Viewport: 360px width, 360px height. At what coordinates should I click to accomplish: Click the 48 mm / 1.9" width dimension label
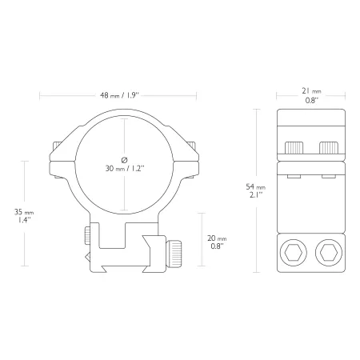pyautogui.click(x=120, y=95)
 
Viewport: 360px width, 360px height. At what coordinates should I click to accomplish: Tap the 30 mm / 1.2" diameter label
pyautogui.click(x=125, y=169)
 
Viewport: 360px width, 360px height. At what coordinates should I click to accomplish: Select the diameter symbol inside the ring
pyautogui.click(x=124, y=160)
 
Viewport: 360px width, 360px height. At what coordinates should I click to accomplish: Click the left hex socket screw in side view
pyautogui.click(x=294, y=253)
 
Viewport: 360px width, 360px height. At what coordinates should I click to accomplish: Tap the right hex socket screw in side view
pyautogui.click(x=329, y=253)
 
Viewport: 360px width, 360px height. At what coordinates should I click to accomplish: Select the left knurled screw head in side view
pyautogui.click(x=294, y=148)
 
